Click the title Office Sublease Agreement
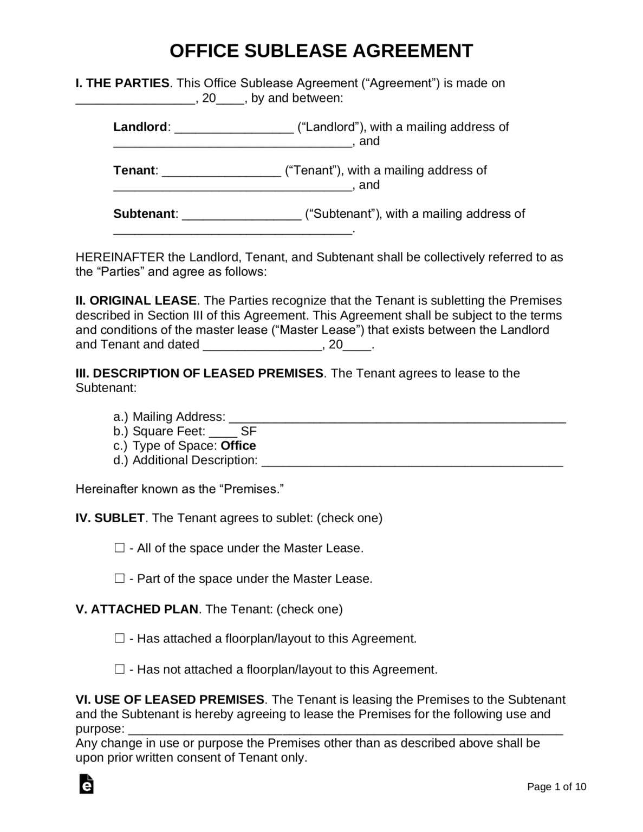321,51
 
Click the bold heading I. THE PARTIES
122,83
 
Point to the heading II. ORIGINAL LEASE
136,301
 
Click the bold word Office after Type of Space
238,446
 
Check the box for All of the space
120,548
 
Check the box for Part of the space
120,578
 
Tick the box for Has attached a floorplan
120,639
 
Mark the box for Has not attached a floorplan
120,669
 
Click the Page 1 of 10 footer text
556,787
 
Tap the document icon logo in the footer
86,784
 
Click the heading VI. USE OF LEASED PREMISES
170,700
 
